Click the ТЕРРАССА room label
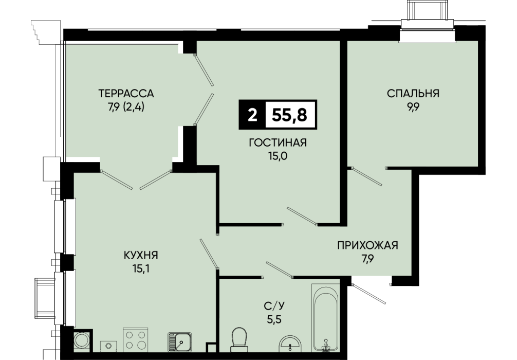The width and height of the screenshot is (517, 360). click(x=126, y=94)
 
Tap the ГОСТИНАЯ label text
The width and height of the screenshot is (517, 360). click(x=278, y=142)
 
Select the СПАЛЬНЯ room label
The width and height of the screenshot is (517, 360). click(x=413, y=94)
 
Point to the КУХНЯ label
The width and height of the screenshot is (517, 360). click(x=141, y=255)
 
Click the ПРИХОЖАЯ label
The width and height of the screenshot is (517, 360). click(x=367, y=245)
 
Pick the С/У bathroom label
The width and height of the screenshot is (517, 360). click(x=274, y=306)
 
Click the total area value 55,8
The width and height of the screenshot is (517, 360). click(x=289, y=115)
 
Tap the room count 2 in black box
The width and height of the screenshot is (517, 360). click(x=252, y=115)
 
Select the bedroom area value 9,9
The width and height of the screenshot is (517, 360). click(x=413, y=107)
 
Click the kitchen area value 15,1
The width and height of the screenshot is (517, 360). click(x=140, y=269)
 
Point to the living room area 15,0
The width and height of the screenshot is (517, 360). click(x=278, y=156)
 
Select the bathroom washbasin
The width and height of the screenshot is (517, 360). click(x=290, y=344)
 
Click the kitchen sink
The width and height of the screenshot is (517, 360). click(x=180, y=341)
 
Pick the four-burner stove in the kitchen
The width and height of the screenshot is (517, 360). click(x=136, y=340)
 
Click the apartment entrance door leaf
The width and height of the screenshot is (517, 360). click(x=368, y=293)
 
